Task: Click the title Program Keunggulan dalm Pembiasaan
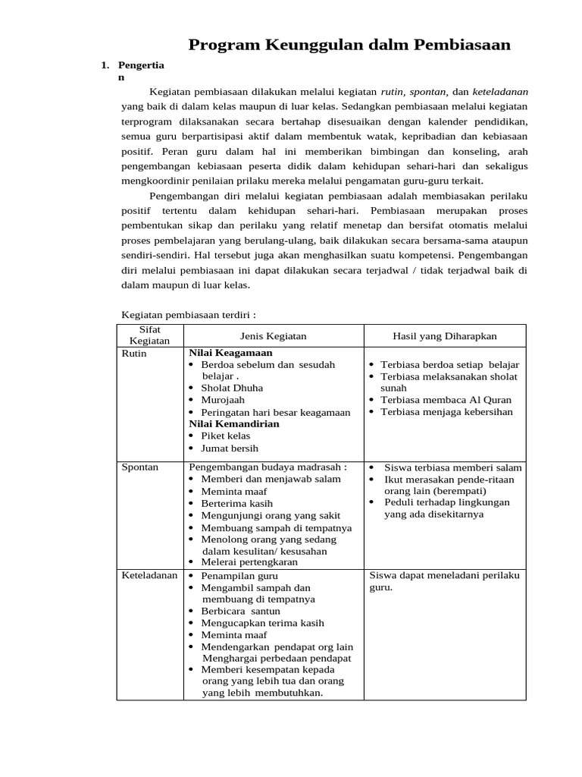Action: (x=349, y=46)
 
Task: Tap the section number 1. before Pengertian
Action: (x=105, y=65)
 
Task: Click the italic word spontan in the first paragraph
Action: (x=427, y=91)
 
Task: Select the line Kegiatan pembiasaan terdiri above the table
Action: (x=189, y=314)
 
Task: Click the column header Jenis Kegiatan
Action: (x=273, y=335)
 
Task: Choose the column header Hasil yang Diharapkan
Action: (x=445, y=335)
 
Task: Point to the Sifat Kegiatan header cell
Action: (x=149, y=335)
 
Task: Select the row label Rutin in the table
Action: (x=134, y=353)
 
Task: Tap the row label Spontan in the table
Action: (x=140, y=467)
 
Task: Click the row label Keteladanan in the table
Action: (x=149, y=575)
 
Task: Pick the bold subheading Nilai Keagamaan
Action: (x=230, y=353)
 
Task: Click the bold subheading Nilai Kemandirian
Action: (x=234, y=423)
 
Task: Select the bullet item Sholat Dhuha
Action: (x=232, y=388)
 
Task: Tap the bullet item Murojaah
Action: (x=224, y=400)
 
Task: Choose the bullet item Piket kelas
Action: (x=227, y=436)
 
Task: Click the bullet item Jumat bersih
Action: (x=230, y=448)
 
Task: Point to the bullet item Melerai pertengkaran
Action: (x=249, y=562)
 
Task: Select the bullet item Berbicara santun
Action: (x=240, y=611)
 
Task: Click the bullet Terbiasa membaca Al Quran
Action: (x=446, y=400)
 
